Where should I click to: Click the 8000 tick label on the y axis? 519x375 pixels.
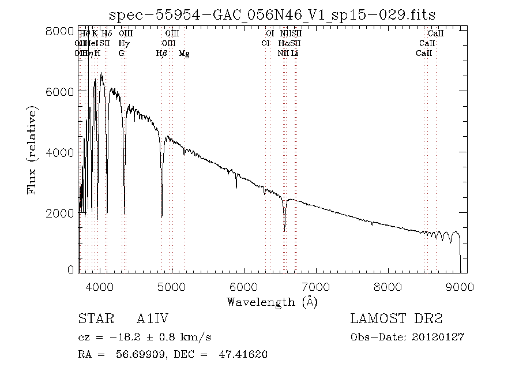(x=59, y=31)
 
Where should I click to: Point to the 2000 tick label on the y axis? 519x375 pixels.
(x=59, y=213)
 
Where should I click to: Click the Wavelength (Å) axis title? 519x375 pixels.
(x=272, y=302)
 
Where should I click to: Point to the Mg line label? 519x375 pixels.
(x=183, y=54)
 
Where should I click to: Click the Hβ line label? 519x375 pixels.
(x=161, y=54)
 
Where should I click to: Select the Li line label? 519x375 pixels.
(x=295, y=54)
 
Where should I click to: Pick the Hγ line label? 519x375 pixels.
(x=123, y=43)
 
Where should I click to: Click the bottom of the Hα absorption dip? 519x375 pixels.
(x=284, y=230)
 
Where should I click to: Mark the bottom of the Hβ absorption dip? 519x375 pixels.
(x=162, y=217)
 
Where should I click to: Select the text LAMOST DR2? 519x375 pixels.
(x=396, y=319)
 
